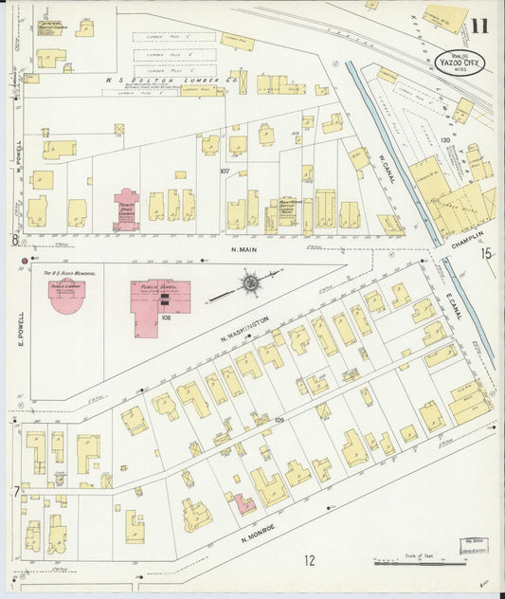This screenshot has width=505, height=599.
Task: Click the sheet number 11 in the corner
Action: click(x=480, y=26)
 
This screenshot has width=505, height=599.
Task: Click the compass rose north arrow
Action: click(x=250, y=281)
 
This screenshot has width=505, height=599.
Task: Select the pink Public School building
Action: click(x=158, y=304)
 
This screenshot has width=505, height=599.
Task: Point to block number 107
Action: click(x=225, y=172)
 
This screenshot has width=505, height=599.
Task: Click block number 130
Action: click(x=444, y=140)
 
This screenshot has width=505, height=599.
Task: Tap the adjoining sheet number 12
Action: click(x=309, y=560)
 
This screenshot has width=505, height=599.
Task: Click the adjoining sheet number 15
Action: click(x=486, y=253)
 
